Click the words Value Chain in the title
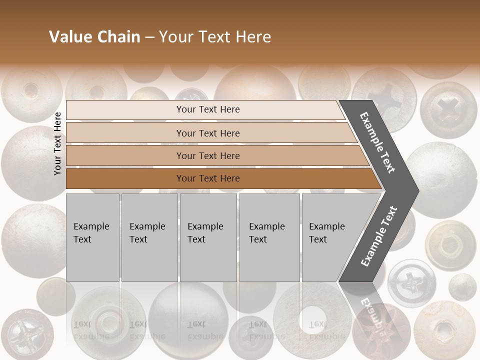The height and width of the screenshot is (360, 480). click(94, 37)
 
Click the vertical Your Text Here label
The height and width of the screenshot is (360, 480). click(57, 143)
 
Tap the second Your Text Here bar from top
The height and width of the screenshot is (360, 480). click(208, 133)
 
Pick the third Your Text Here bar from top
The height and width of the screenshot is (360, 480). click(208, 155)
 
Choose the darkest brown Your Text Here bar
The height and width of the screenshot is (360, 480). click(208, 178)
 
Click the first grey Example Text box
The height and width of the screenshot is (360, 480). click(92, 237)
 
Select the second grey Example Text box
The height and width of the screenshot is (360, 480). click(149, 237)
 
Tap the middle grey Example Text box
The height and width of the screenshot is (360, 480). click(208, 237)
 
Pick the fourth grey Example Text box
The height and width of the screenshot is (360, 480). click(269, 237)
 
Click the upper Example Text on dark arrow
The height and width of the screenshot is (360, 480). click(378, 142)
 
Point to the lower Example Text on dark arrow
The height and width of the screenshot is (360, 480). click(379, 236)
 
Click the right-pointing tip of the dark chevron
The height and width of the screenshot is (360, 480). click(415, 190)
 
